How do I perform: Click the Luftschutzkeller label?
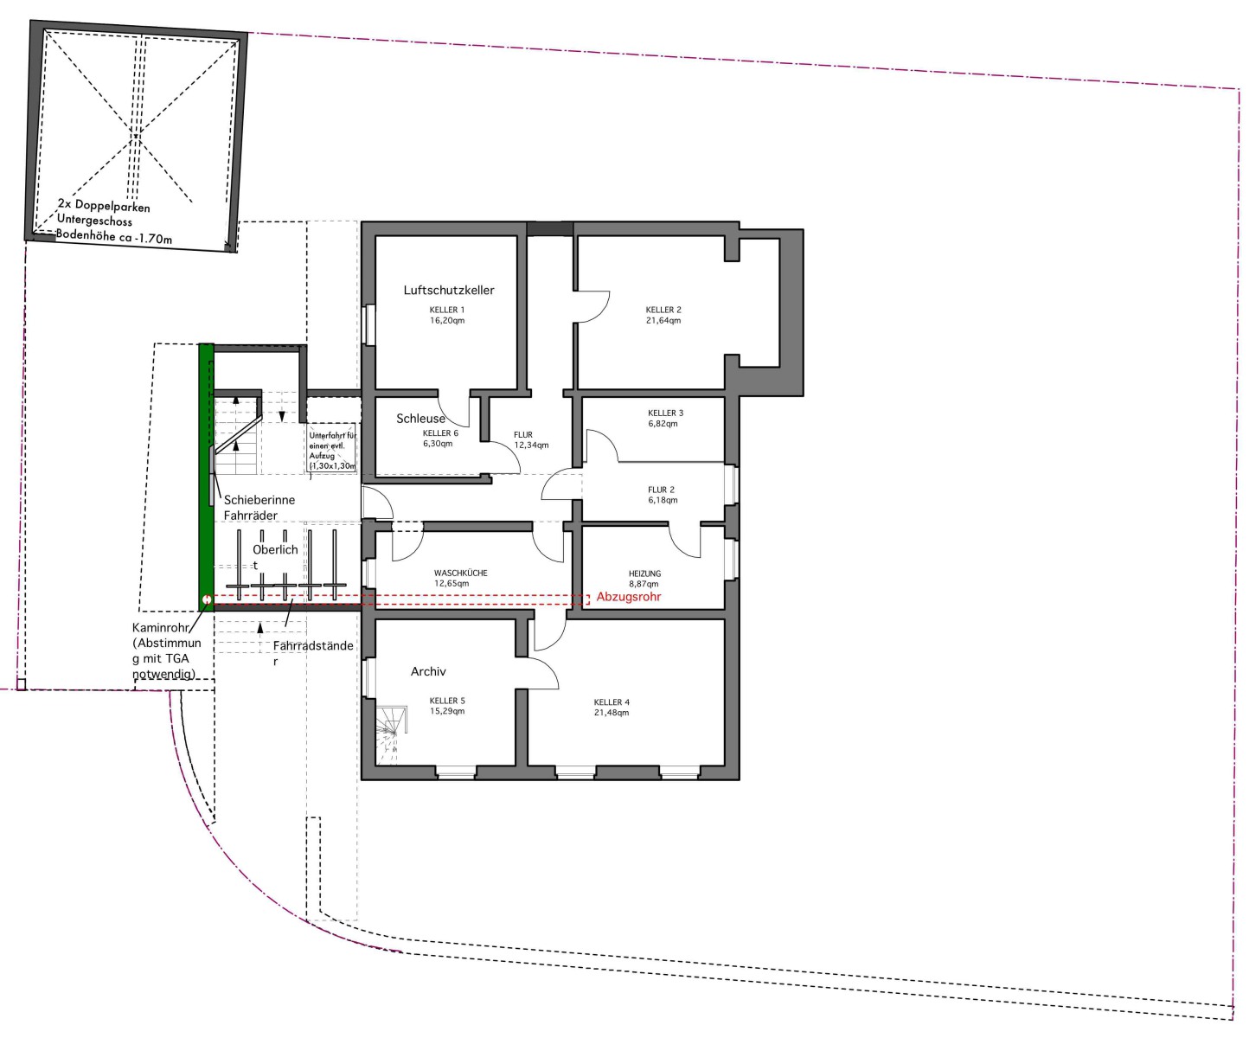(449, 290)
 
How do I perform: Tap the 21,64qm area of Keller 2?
(663, 321)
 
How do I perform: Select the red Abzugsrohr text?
(629, 597)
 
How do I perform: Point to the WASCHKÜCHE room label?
(461, 573)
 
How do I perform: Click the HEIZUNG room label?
(645, 573)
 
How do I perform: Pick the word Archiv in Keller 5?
(428, 672)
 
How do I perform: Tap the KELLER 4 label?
(612, 702)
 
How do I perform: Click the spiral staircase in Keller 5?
(392, 735)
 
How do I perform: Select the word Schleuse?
(420, 419)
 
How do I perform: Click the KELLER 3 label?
(665, 413)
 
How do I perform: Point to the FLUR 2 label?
(661, 490)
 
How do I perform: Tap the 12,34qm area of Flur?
(531, 445)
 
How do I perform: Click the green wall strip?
(206, 477)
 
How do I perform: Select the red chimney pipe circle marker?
(207, 599)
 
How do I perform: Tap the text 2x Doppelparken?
(104, 207)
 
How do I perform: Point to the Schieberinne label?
(259, 500)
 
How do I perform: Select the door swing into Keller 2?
(592, 307)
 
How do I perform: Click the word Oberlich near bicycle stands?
(275, 550)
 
